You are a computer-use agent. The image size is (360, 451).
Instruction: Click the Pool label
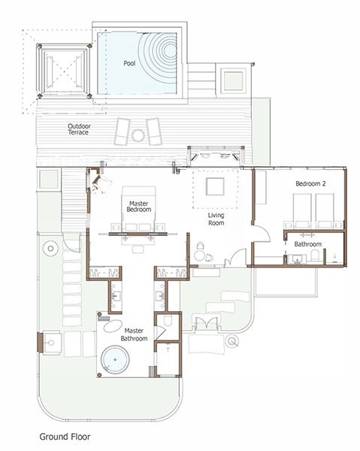(x=129, y=63)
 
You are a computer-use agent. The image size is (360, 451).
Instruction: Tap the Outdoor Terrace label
(x=79, y=129)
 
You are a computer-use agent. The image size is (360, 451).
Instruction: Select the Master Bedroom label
(x=139, y=207)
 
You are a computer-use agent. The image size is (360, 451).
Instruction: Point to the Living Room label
(x=216, y=219)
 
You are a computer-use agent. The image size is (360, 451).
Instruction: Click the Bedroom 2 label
(x=310, y=183)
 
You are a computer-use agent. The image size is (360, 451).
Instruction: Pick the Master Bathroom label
(x=134, y=334)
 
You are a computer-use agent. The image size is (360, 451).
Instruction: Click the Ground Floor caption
(x=65, y=437)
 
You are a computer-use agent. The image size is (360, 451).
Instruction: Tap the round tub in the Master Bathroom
(x=115, y=359)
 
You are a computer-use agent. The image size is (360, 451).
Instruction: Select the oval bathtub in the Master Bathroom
(x=113, y=326)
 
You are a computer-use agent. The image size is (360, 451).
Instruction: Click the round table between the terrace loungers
(x=138, y=135)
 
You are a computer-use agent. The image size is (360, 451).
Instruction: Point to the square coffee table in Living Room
(x=215, y=186)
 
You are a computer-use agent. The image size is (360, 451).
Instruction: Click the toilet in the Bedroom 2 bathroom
(x=315, y=255)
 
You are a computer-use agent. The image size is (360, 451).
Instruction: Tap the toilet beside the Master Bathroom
(x=167, y=321)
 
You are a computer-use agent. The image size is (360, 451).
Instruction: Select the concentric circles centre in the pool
(x=170, y=50)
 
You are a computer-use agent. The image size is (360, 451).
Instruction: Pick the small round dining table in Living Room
(x=199, y=256)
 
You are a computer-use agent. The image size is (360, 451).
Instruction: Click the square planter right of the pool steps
(x=233, y=81)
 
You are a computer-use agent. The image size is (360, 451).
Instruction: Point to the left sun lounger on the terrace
(x=122, y=132)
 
